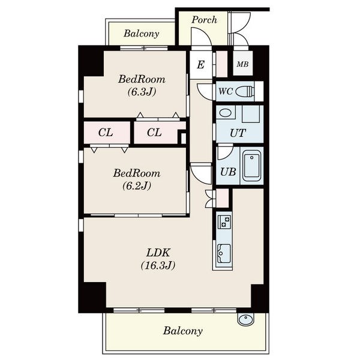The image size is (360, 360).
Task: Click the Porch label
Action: (205, 20)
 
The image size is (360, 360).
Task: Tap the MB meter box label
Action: (242, 64)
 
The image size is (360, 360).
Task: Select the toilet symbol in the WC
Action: (245, 91)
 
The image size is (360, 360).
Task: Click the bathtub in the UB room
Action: (251, 166)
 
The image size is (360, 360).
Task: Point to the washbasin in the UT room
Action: (226, 113)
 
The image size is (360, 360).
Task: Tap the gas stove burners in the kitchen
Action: (225, 221)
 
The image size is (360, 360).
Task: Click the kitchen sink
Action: (224, 253)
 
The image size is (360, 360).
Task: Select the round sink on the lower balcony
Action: (245, 319)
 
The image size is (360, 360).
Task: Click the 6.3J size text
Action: (142, 92)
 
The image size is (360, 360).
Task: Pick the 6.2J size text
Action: (137, 185)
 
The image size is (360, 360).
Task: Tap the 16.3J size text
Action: (158, 265)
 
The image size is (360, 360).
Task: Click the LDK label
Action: (158, 253)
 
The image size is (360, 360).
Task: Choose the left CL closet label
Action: (106, 133)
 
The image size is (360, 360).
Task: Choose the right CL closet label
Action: (154, 133)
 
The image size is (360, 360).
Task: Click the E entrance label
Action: (200, 65)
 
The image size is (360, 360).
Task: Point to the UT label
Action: (238, 133)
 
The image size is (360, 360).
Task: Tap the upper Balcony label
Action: (141, 34)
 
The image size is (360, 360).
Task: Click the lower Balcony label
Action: (183, 331)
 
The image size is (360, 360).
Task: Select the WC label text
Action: (226, 91)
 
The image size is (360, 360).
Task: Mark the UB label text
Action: (228, 172)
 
